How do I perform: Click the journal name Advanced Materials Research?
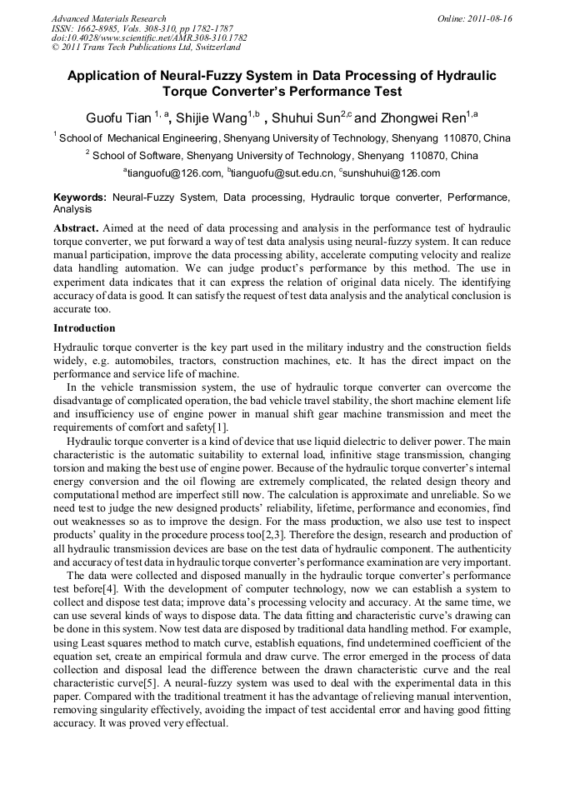point(108,18)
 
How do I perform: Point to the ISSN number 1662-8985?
point(102,28)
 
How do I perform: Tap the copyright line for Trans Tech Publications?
point(145,48)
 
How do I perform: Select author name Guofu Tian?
point(117,118)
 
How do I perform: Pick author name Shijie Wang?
point(210,118)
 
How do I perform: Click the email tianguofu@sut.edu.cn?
point(279,173)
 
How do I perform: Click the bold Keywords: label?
point(80,198)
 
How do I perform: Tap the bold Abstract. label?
point(77,227)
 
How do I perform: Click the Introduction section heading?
point(84,328)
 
